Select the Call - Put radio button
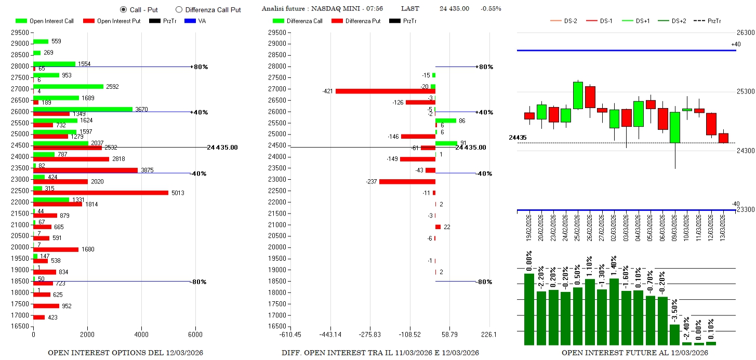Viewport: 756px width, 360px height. [123, 9]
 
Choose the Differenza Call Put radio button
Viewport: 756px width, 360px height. [179, 9]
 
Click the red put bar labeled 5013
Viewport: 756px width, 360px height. [100, 193]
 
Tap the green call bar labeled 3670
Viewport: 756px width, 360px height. [83, 109]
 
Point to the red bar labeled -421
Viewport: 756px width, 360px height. [385, 91]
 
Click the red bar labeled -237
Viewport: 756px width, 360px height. [407, 181]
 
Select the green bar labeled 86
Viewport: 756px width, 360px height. [446, 121]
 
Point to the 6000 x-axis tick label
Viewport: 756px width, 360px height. [195, 335]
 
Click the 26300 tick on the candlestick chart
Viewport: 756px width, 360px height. [746, 32]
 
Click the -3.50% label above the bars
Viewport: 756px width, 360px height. [674, 311]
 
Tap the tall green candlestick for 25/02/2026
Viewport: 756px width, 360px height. [578, 96]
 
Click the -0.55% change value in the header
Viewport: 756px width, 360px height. [490, 9]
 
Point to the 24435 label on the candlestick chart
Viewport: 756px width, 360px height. [517, 138]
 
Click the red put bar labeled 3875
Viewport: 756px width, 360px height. [85, 170]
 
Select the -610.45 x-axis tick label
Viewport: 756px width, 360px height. [290, 335]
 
